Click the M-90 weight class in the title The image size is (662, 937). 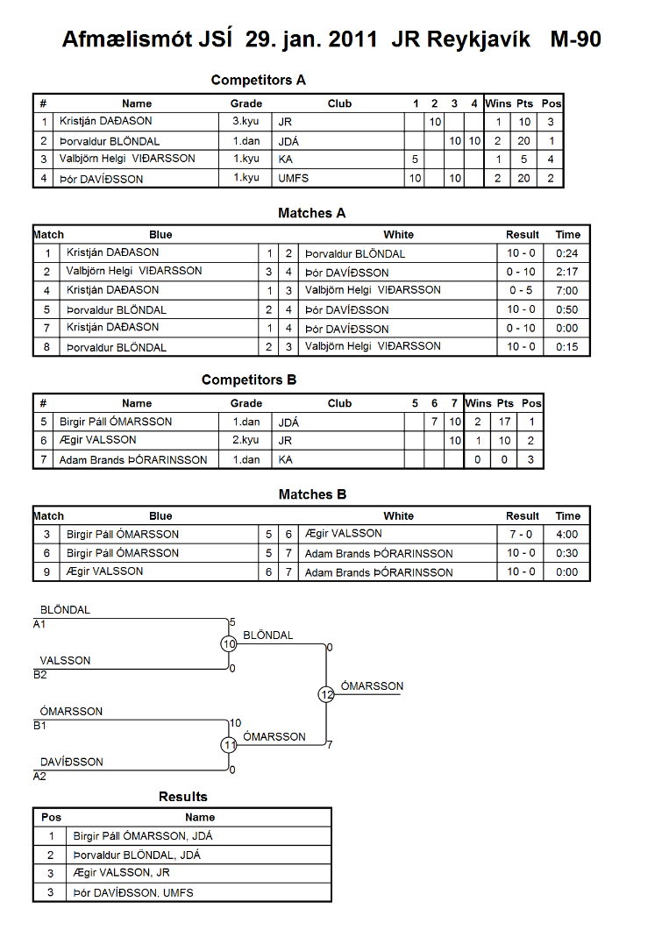575,39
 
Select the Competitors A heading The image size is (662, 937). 259,80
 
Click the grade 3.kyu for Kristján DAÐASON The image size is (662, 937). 246,121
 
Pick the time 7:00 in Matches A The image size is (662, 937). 567,291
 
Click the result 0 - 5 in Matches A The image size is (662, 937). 521,290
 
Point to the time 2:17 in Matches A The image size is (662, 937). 567,272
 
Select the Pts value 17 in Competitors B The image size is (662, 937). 505,422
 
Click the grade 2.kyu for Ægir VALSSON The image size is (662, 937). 246,440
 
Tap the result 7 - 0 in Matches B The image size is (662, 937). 521,534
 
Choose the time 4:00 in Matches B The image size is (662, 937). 567,534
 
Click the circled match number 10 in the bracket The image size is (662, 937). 229,643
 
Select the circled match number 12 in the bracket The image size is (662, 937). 326,694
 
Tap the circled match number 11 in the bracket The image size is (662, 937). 229,745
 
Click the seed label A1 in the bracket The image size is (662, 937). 39,624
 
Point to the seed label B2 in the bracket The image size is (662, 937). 40,675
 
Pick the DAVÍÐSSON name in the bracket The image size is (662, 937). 72,762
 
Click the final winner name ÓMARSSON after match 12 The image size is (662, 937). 372,686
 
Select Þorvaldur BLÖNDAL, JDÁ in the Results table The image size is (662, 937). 137,855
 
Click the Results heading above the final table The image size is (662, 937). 183,797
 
